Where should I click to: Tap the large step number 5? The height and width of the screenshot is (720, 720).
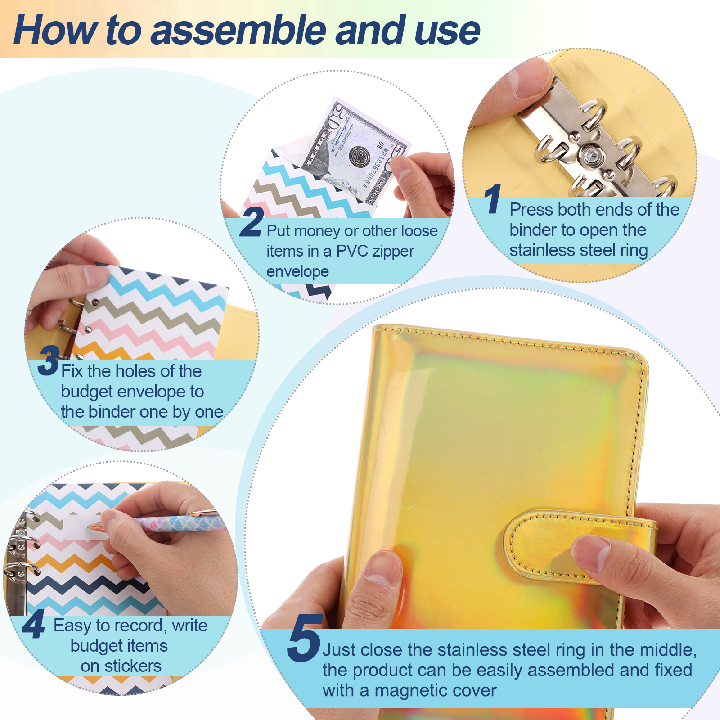[x=304, y=638]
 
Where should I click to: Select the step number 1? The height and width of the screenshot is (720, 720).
[x=493, y=198]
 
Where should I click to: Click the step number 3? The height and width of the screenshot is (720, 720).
[x=49, y=360]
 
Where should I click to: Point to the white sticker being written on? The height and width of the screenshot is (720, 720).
[x=83, y=526]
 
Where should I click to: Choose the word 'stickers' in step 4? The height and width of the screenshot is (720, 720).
[x=133, y=666]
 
